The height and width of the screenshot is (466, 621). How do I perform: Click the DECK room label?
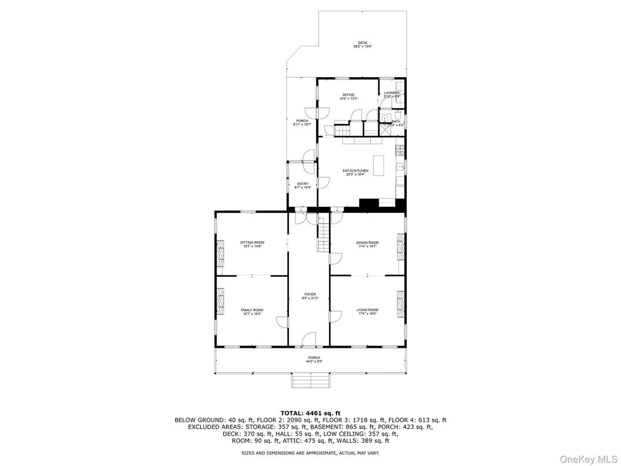363,43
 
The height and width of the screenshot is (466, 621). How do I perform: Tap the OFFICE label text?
348,95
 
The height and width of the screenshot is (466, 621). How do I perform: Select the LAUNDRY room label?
392,93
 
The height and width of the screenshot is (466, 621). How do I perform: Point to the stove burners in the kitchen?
399,151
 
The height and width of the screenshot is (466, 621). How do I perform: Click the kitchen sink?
400,168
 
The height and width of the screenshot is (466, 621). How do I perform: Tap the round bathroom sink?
384,116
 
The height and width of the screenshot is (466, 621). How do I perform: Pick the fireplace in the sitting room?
220,253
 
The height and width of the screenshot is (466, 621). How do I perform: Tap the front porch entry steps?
311,381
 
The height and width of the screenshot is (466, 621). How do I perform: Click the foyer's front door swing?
309,340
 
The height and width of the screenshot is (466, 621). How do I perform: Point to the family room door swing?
282,322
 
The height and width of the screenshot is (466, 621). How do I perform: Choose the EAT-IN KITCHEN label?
355,171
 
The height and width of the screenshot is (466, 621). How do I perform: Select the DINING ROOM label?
367,242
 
